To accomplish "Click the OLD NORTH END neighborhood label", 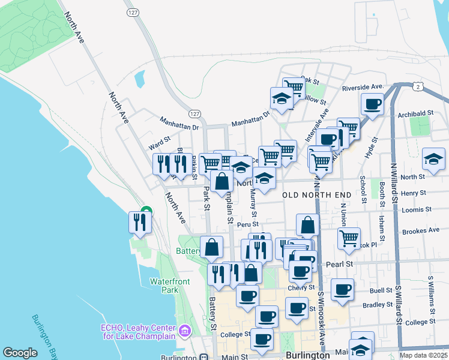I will coord(316,195).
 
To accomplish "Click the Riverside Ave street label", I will coord(363,88).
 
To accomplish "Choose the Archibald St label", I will coord(419,113).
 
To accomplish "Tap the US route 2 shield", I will coord(418,87).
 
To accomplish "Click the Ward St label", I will coord(160,145).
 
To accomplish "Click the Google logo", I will coord(20,353).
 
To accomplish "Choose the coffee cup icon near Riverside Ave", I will coord(372,104).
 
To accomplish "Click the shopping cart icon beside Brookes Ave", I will coord(349,238).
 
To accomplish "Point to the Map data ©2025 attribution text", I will coord(424,355).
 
